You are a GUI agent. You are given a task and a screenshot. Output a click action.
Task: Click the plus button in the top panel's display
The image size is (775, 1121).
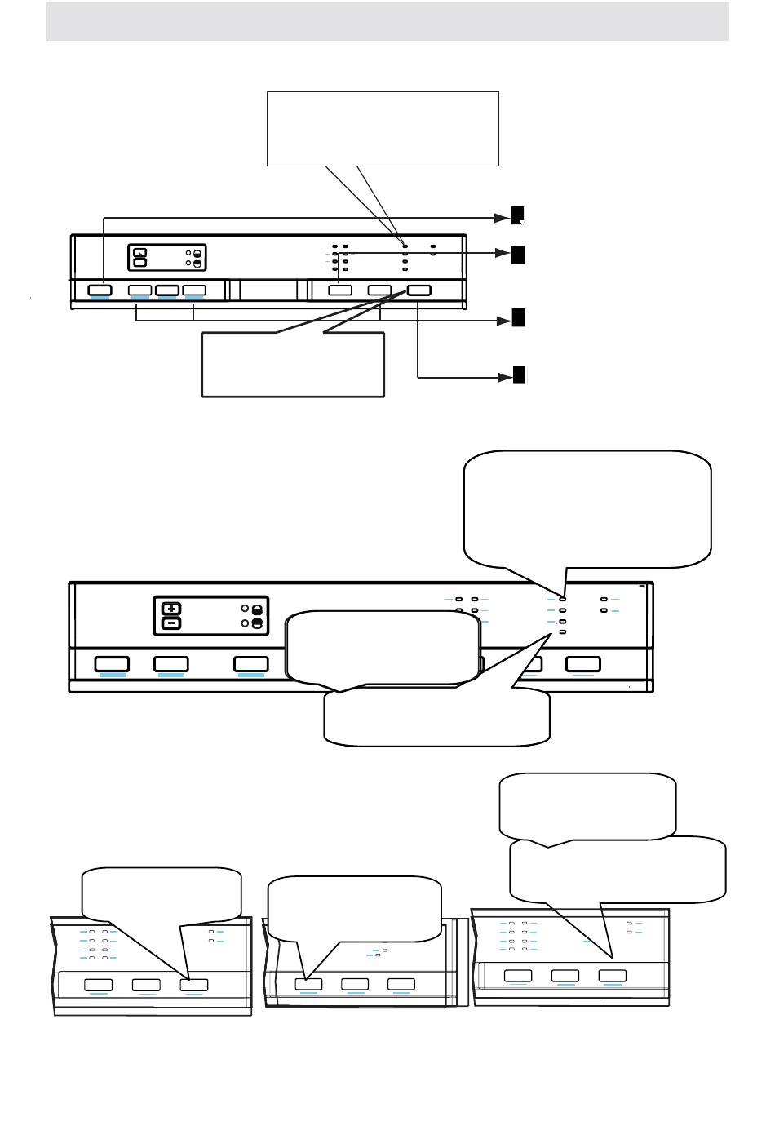pyautogui.click(x=139, y=252)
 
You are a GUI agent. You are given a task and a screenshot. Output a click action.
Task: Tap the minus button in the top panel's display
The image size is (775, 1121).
pyautogui.click(x=139, y=264)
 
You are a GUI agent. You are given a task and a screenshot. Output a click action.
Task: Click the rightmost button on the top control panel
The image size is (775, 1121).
pyautogui.click(x=418, y=290)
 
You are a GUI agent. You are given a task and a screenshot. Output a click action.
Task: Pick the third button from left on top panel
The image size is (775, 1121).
pyautogui.click(x=167, y=290)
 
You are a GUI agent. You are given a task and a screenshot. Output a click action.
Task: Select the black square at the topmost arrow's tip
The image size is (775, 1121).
pyautogui.click(x=518, y=215)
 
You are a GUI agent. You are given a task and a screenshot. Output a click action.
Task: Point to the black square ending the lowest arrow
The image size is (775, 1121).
pyautogui.click(x=519, y=375)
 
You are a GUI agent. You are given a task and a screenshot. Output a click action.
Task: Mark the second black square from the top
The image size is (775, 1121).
pyautogui.click(x=518, y=255)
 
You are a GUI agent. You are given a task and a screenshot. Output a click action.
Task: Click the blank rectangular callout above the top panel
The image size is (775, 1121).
pyautogui.click(x=383, y=129)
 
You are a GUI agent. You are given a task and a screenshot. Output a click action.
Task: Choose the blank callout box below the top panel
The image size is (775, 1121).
pyautogui.click(x=293, y=365)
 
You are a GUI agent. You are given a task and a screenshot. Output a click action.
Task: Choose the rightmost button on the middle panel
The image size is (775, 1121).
pyautogui.click(x=583, y=663)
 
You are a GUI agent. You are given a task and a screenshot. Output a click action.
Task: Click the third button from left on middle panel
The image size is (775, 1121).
pyautogui.click(x=250, y=663)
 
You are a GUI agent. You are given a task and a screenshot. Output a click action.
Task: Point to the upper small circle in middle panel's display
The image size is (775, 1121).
pyautogui.click(x=246, y=609)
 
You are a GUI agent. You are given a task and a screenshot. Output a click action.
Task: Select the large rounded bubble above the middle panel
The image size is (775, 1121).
pyautogui.click(x=587, y=507)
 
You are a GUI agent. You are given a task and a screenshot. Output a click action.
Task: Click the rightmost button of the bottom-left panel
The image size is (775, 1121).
pyautogui.click(x=194, y=985)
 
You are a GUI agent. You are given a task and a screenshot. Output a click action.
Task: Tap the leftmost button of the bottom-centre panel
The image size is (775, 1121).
pyautogui.click(x=308, y=985)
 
